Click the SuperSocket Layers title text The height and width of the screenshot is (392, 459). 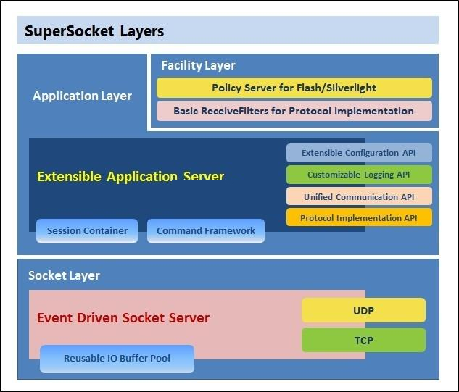(x=94, y=31)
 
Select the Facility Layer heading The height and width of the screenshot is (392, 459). (x=198, y=65)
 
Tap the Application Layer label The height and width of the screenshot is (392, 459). (x=82, y=96)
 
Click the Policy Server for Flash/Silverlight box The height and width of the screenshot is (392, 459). (x=294, y=88)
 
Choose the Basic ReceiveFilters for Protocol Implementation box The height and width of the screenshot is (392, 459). (x=294, y=111)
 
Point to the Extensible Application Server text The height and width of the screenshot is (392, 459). (x=131, y=176)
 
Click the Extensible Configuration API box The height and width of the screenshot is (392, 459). (x=359, y=153)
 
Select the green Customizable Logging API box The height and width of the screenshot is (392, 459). (x=359, y=175)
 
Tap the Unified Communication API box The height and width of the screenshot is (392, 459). (x=359, y=196)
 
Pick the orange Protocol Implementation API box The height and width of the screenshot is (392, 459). (x=359, y=217)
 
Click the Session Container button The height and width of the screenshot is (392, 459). (x=87, y=230)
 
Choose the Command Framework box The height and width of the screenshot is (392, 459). (x=206, y=230)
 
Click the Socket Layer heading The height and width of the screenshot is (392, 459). (x=64, y=275)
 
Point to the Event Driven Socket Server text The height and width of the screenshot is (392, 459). (x=123, y=317)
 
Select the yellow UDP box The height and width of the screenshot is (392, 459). (x=363, y=309)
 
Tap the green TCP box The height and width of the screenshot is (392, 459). (x=363, y=339)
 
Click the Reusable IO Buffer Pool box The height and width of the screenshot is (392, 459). (x=117, y=359)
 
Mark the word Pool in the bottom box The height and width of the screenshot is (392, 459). (x=159, y=359)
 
